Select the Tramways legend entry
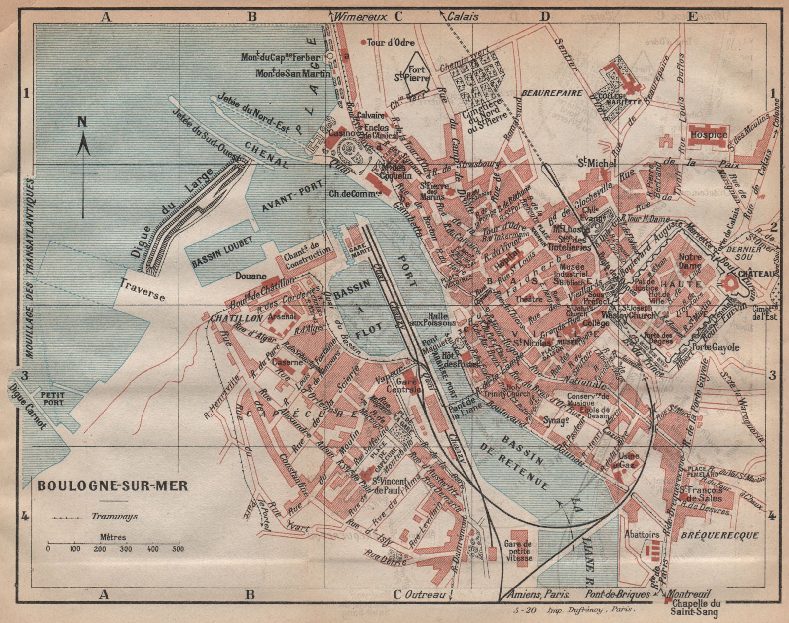[114, 517]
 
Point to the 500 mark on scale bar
[178, 548]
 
